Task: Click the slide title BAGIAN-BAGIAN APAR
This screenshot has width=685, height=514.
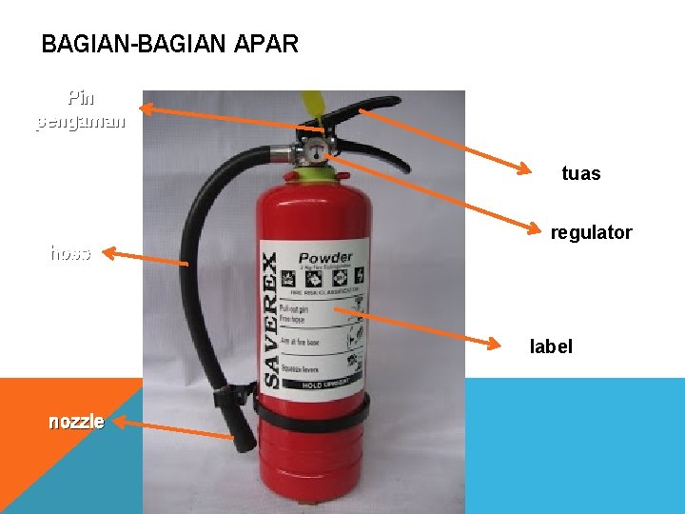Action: coord(170,44)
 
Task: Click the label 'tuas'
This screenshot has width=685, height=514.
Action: coord(580,173)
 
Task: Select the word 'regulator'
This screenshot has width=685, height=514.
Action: coord(591,232)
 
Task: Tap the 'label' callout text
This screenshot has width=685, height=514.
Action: coord(551,346)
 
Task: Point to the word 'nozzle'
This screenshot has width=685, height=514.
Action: coord(76,422)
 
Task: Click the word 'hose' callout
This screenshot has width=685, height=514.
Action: coord(70,253)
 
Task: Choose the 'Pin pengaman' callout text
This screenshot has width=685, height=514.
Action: coord(81,109)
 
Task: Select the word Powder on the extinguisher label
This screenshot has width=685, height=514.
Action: coord(325,257)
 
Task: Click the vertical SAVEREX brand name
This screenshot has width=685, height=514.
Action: coord(271,319)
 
